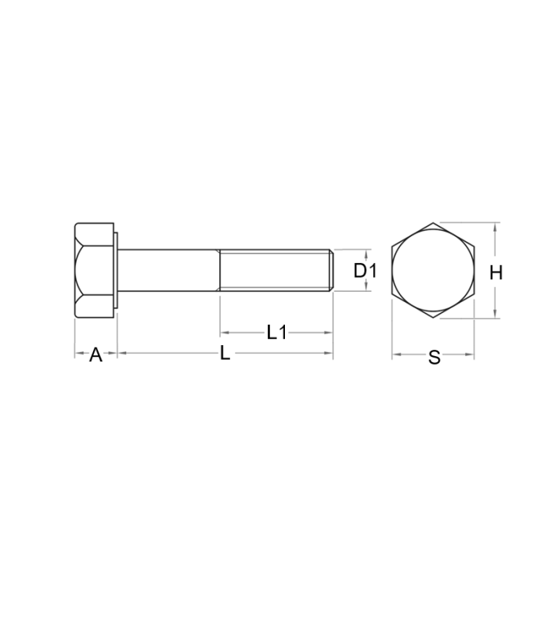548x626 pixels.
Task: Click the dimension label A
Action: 96,355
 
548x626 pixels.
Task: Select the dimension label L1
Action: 277,332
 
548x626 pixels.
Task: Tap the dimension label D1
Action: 365,271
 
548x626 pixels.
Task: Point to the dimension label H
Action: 496,273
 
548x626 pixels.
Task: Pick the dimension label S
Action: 434,358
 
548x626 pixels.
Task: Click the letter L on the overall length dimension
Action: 225,354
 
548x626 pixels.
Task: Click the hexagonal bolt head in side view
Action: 94,270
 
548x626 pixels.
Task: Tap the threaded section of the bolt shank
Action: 276,270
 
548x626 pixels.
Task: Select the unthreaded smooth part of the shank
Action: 169,270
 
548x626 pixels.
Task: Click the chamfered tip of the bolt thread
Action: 331,270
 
